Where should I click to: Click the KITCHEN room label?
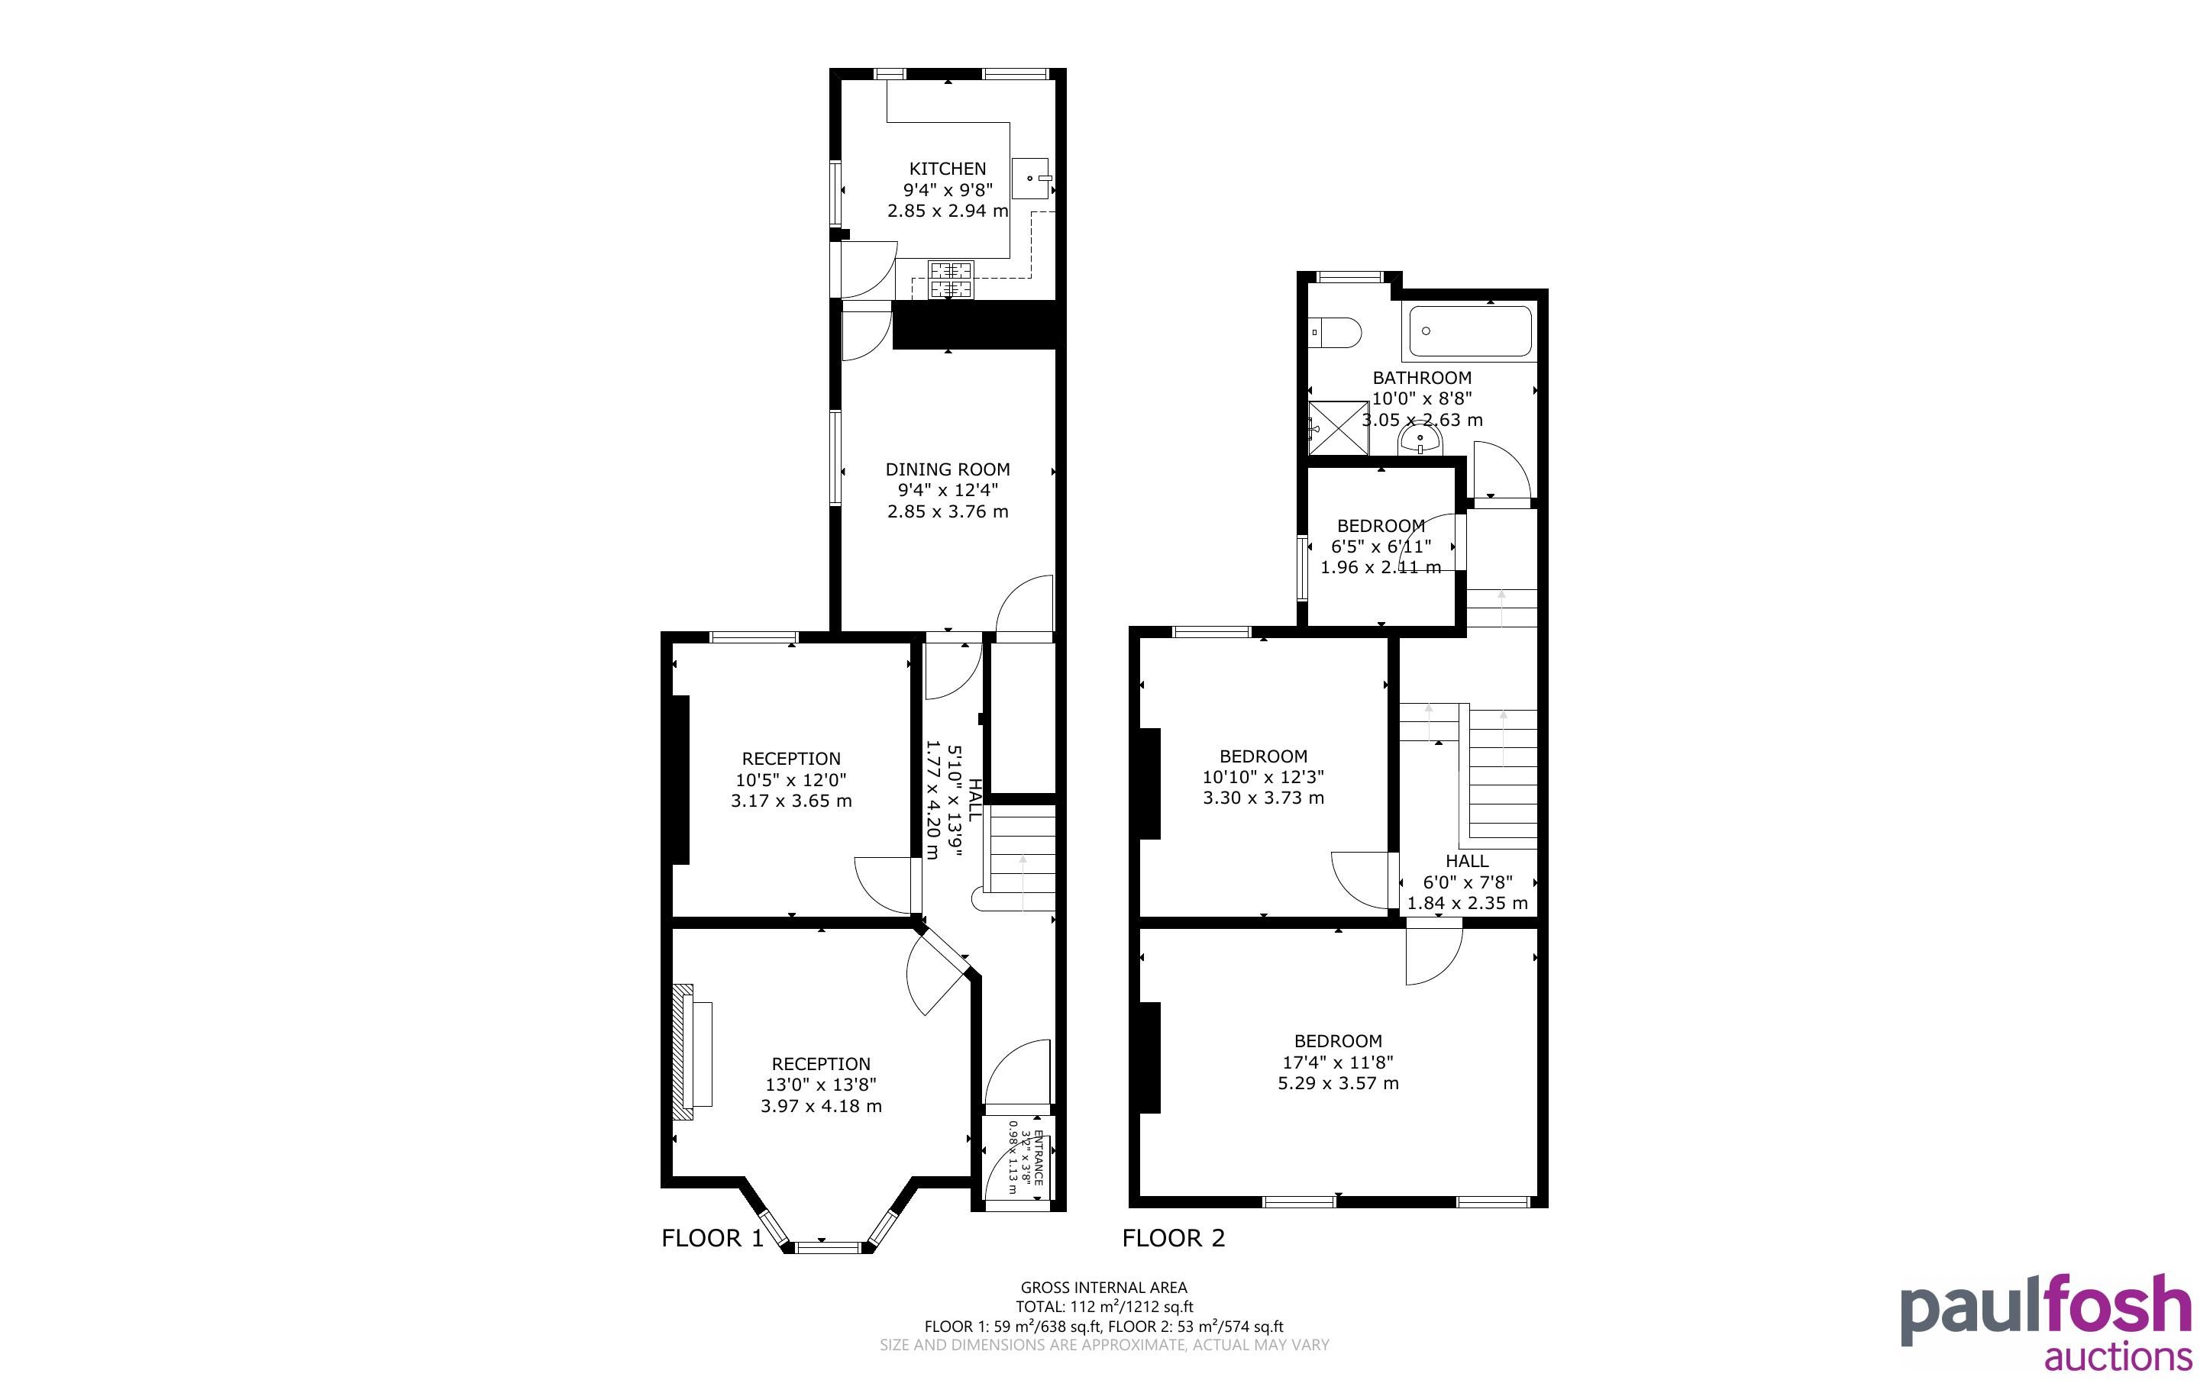(x=948, y=169)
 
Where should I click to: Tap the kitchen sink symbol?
(x=1032, y=178)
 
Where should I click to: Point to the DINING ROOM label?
(x=948, y=470)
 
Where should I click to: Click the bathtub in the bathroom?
(x=1470, y=331)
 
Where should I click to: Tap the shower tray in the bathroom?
(x=1338, y=428)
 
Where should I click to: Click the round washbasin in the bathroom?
(x=1420, y=443)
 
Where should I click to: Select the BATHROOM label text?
(x=1422, y=378)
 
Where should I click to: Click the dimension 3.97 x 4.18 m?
(x=822, y=1106)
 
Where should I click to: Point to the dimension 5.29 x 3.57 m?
(x=1338, y=1083)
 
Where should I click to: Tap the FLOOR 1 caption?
(x=712, y=1239)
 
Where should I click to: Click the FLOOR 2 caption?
(x=1174, y=1239)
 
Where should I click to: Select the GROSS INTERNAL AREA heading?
(x=1103, y=1288)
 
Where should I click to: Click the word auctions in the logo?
(x=2118, y=1356)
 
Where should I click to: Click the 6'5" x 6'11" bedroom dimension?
(x=1381, y=547)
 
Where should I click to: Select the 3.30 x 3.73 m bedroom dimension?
(x=1263, y=798)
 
